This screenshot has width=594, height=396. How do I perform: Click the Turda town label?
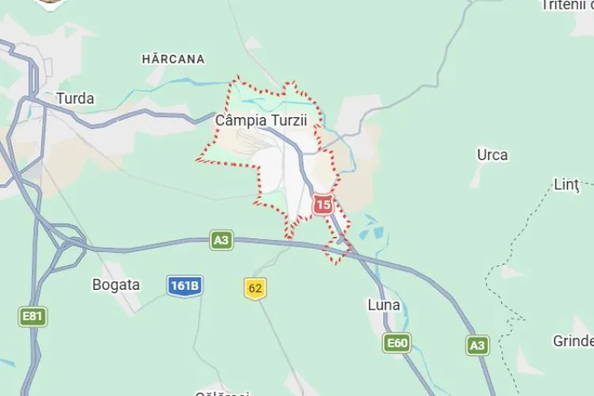(x=75, y=99)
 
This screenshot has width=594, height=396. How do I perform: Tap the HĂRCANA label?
(x=173, y=59)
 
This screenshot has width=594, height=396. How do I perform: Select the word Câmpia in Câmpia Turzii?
(x=236, y=120)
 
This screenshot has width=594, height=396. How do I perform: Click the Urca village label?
(x=492, y=154)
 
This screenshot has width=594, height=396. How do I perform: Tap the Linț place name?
(x=566, y=185)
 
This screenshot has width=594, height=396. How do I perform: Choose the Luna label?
(x=384, y=305)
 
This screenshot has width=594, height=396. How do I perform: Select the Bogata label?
(x=116, y=285)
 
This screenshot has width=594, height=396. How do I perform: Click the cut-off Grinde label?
(x=573, y=341)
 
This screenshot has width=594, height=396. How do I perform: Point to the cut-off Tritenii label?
(x=567, y=6)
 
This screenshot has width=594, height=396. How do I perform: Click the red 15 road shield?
(x=322, y=205)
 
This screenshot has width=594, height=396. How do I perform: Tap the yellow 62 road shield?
(x=255, y=288)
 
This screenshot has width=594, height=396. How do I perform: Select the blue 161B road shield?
(x=185, y=285)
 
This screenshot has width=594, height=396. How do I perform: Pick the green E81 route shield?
(x=32, y=317)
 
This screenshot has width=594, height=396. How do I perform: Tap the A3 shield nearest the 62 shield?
(x=222, y=239)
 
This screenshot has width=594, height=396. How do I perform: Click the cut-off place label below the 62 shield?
(x=222, y=393)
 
